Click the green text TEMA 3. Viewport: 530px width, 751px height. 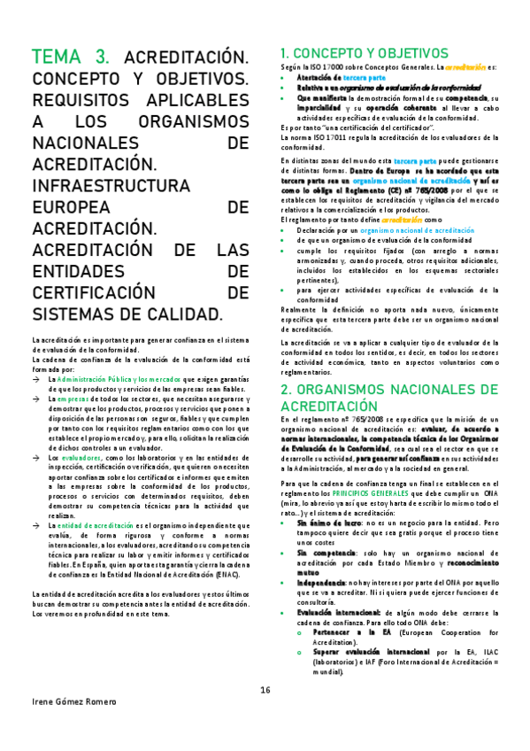coord(71,57)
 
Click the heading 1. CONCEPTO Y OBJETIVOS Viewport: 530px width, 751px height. coord(364,52)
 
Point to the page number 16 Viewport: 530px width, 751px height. coord(265,691)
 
